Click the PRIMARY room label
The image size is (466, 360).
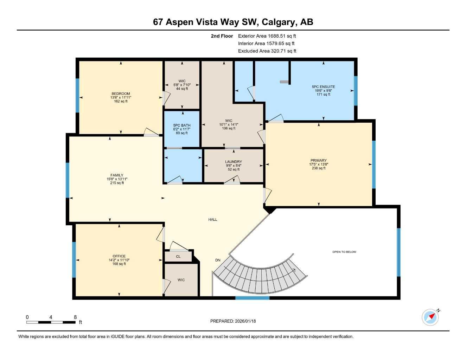click(x=318, y=160)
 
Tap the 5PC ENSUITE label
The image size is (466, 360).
click(x=323, y=86)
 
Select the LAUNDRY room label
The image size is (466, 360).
click(x=234, y=162)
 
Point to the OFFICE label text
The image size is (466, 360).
click(x=119, y=256)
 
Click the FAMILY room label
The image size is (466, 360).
click(x=117, y=175)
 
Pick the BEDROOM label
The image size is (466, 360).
click(x=121, y=94)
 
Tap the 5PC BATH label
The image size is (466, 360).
click(x=182, y=125)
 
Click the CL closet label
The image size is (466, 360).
click(x=178, y=257)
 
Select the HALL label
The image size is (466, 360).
click(x=213, y=219)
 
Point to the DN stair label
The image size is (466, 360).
click(x=218, y=260)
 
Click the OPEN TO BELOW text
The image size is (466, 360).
click(x=344, y=252)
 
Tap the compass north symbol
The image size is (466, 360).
click(x=430, y=317)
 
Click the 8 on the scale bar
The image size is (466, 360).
click(x=75, y=317)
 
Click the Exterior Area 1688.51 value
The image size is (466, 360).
click(x=282, y=36)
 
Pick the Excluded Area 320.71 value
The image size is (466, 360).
click(x=283, y=51)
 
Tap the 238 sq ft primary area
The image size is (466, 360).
click(x=318, y=168)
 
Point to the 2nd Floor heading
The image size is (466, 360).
click(x=222, y=36)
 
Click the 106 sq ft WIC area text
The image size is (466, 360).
click(x=229, y=128)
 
